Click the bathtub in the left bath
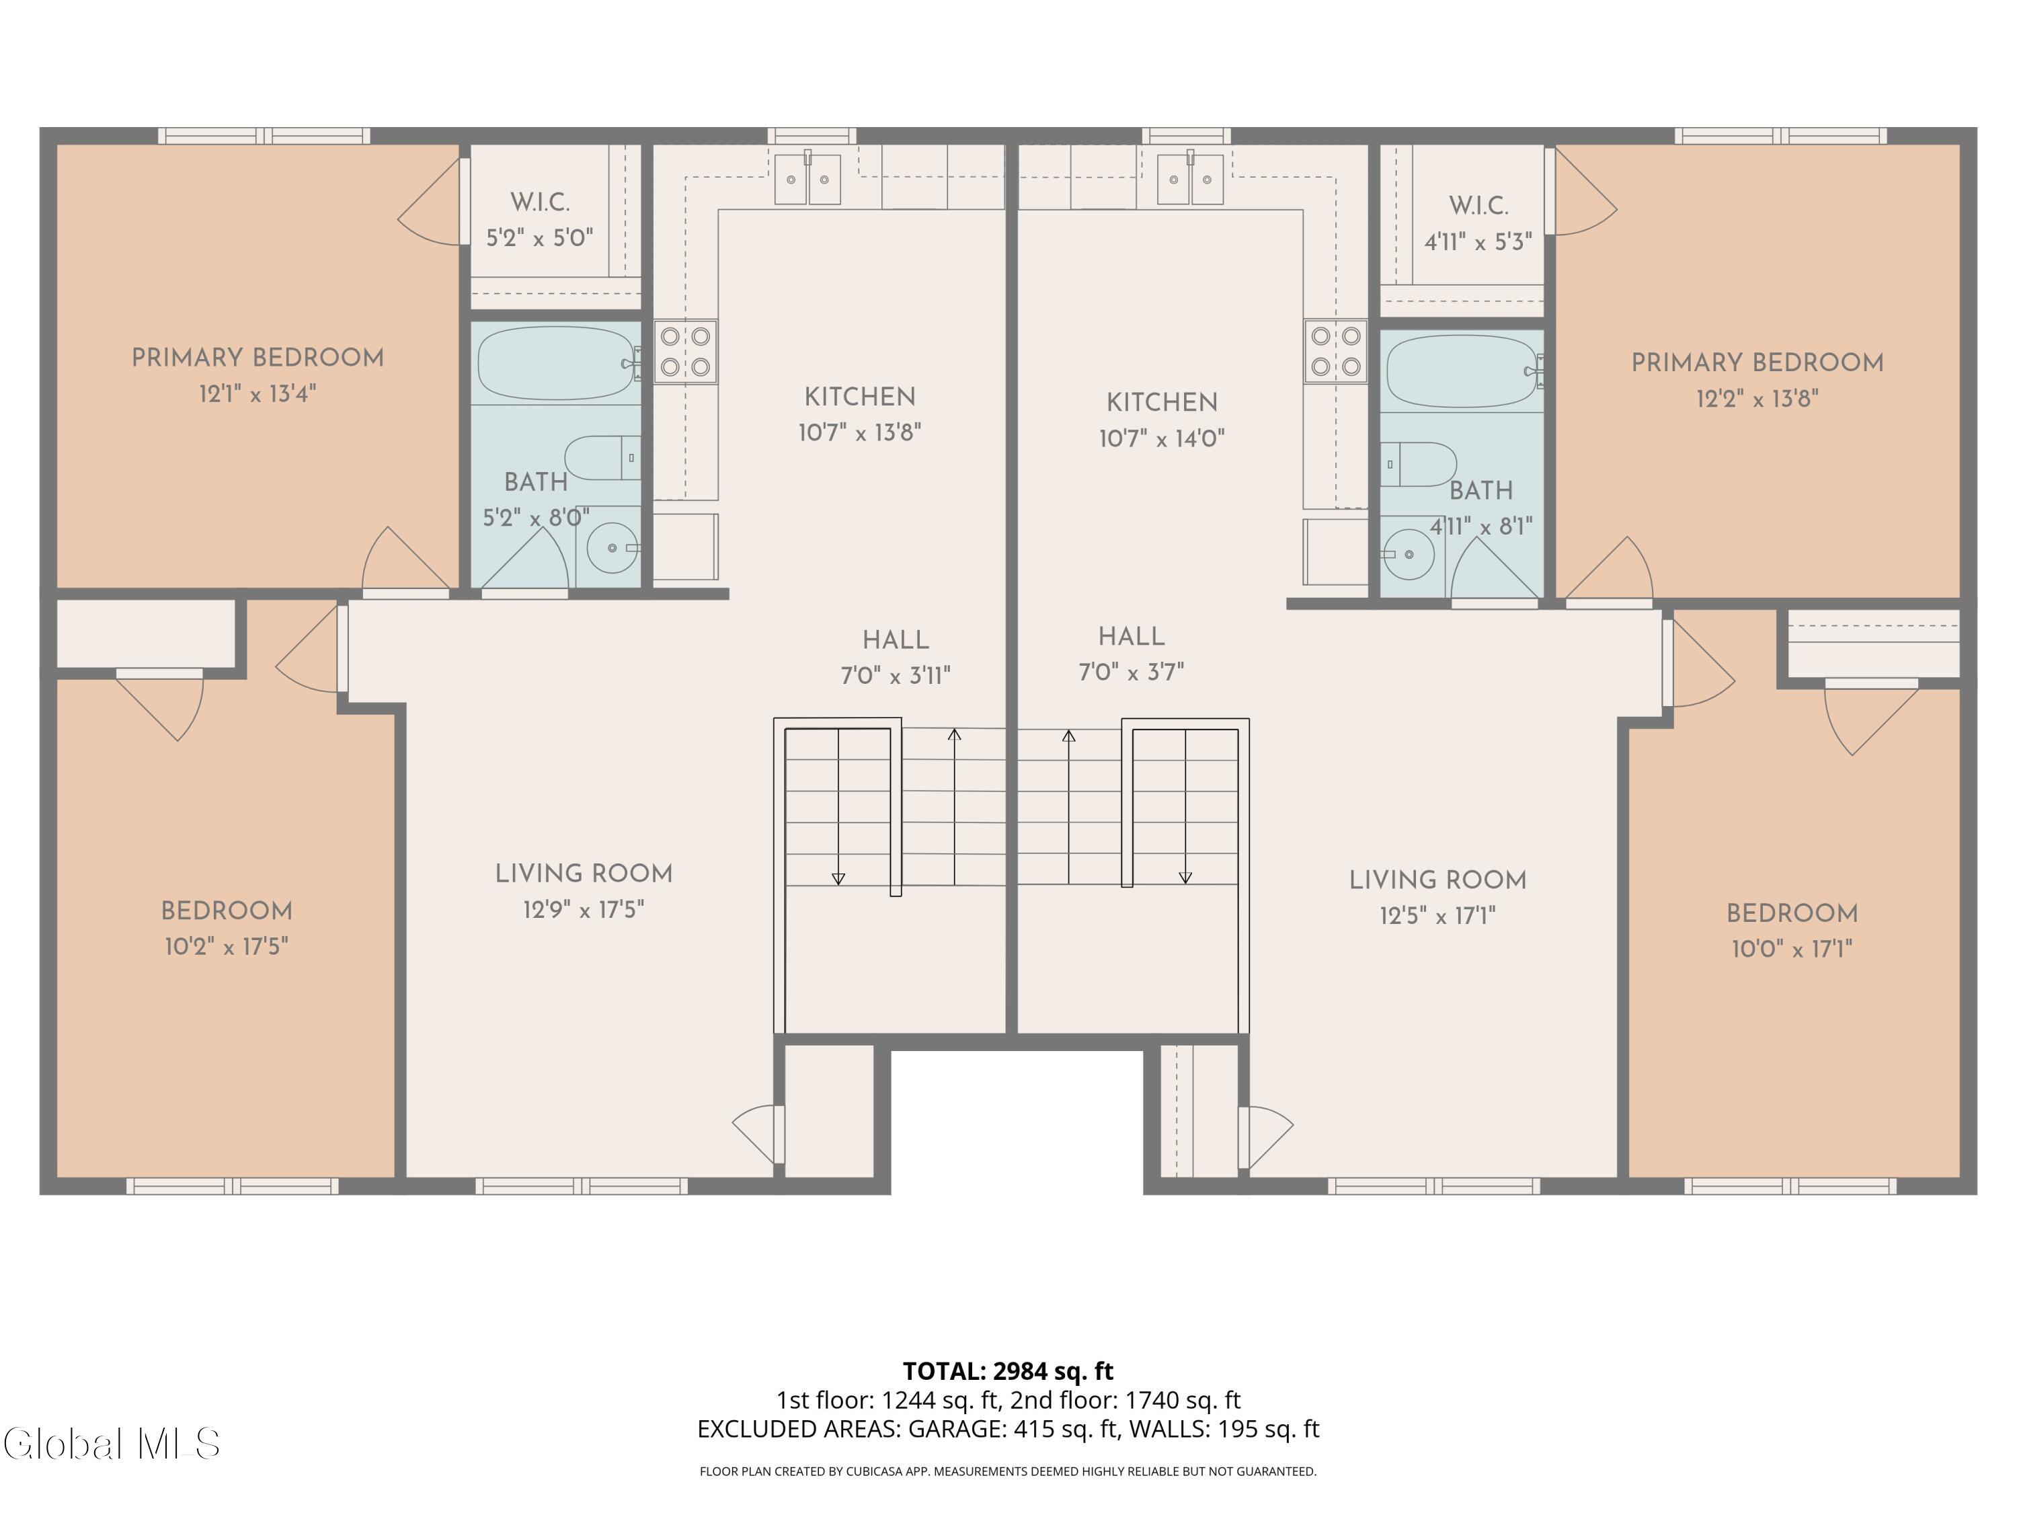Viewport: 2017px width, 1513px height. click(556, 363)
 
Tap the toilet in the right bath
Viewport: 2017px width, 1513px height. click(1418, 464)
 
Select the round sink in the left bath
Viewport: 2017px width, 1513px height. click(612, 547)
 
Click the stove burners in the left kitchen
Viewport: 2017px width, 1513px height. click(685, 351)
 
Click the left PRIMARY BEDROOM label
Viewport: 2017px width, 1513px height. click(258, 358)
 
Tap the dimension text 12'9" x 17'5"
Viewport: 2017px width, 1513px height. click(584, 909)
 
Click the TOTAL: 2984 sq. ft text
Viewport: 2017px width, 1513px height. click(1008, 1370)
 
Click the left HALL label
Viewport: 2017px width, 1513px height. click(896, 639)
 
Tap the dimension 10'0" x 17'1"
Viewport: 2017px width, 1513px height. click(1792, 948)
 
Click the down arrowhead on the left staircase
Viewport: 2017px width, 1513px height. click(838, 878)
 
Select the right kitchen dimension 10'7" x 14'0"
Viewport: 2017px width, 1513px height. click(1162, 438)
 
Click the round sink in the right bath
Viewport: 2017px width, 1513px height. click(1409, 553)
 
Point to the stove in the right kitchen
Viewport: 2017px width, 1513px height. click(1335, 351)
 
